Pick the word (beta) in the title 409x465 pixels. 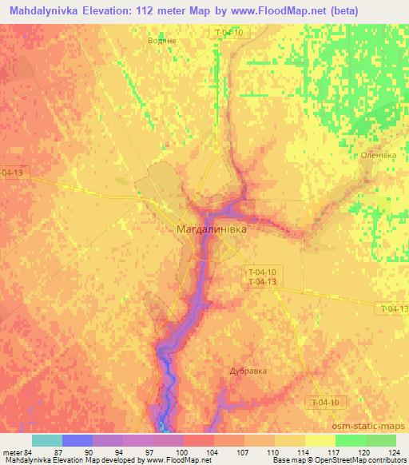pyautogui.click(x=340, y=10)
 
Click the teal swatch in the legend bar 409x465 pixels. pyautogui.click(x=47, y=440)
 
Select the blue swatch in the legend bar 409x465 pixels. pyautogui.click(x=77, y=440)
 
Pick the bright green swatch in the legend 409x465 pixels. pyautogui.click(x=351, y=440)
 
